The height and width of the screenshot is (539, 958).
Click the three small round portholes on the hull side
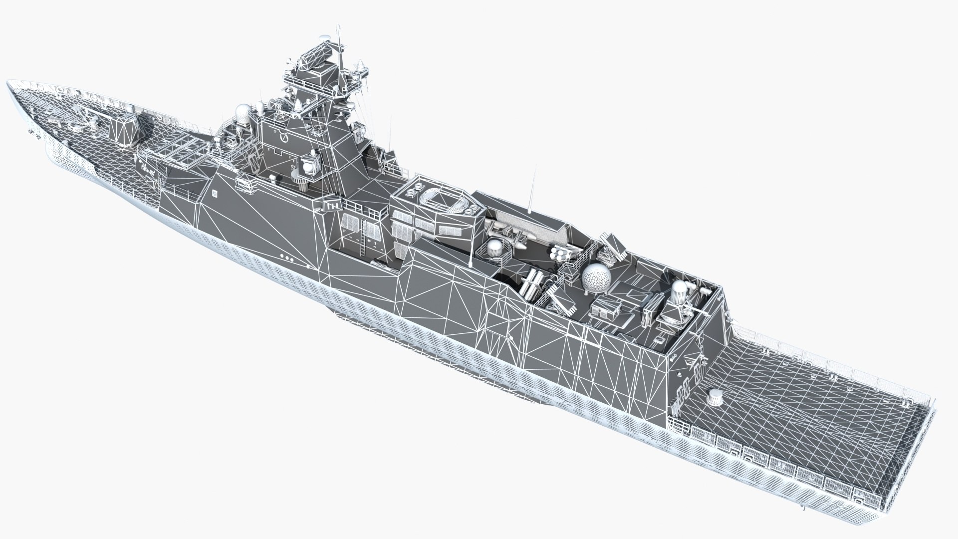287,258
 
